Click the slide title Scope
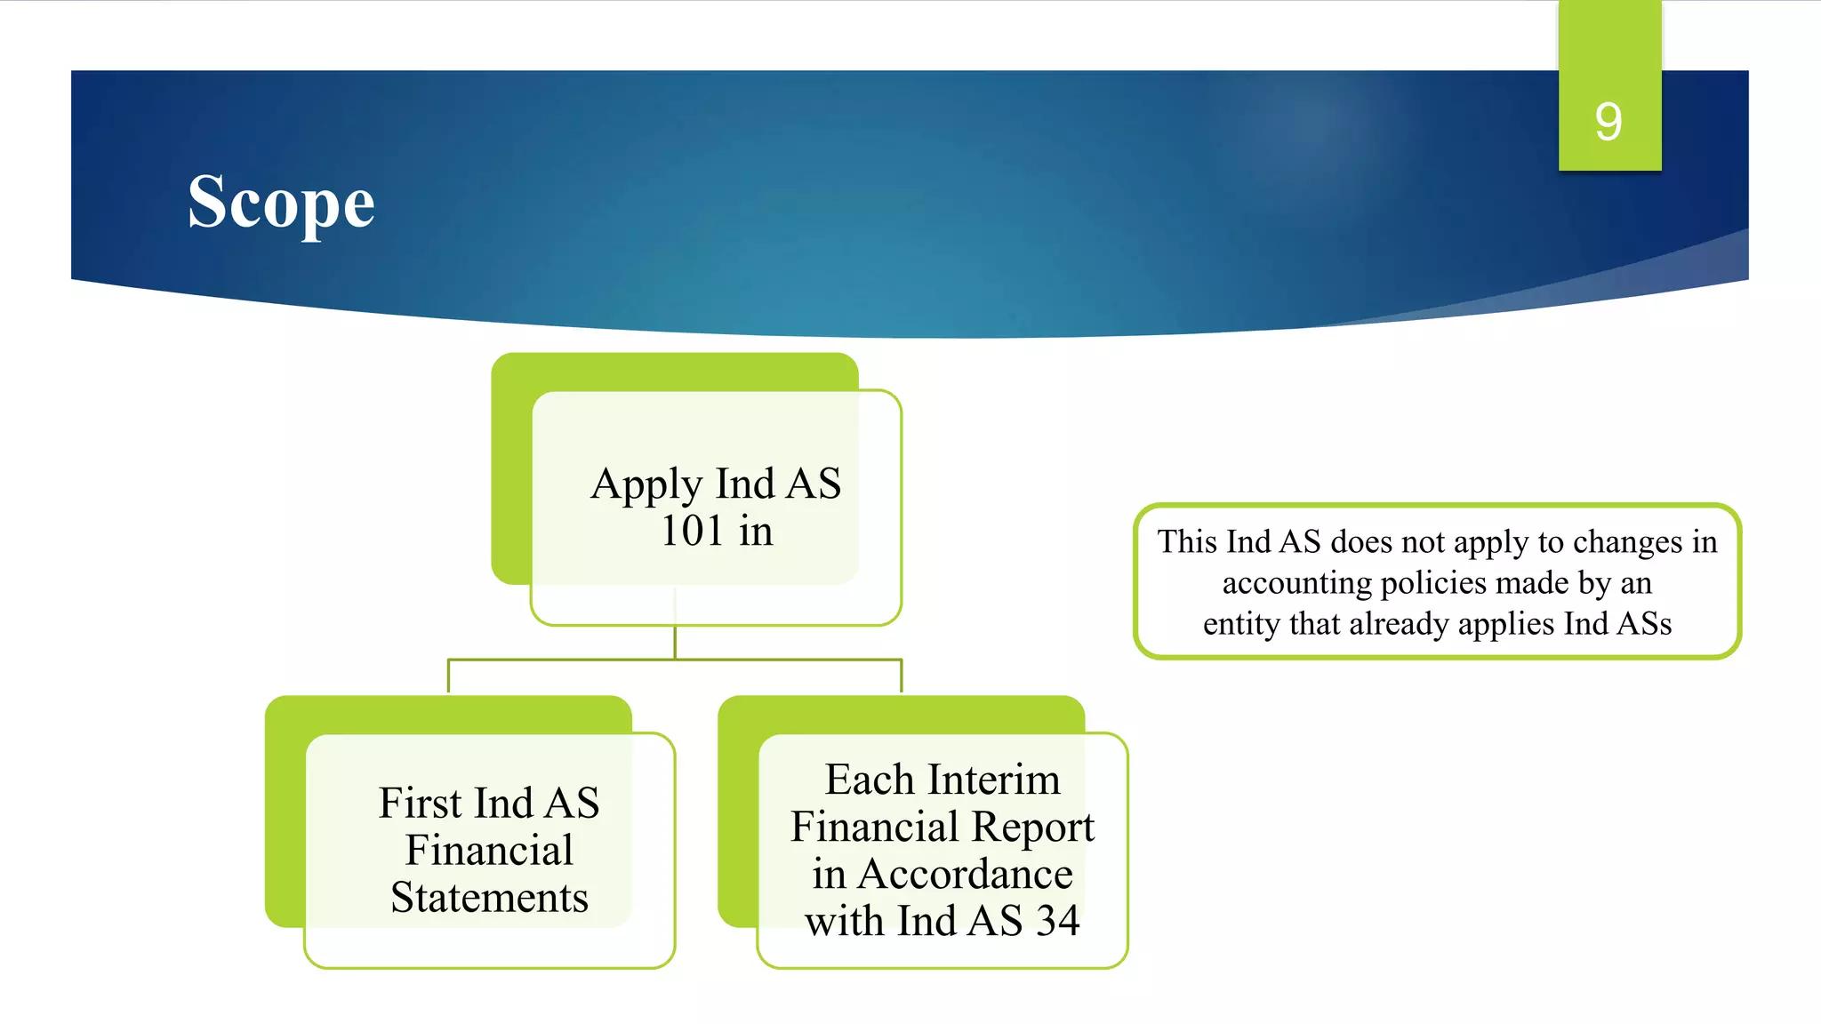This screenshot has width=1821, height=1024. (281, 204)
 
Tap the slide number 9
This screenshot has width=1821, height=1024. (1608, 122)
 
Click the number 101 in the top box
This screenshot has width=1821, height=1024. (692, 531)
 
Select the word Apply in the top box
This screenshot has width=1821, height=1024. (646, 485)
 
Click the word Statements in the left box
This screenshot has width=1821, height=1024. (489, 897)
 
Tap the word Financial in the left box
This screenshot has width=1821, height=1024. (489, 850)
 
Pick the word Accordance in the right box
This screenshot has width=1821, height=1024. (965, 874)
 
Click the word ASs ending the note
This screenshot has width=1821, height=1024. (1644, 624)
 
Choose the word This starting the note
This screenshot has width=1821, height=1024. (1187, 542)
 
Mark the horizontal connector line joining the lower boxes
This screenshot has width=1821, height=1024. (675, 660)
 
